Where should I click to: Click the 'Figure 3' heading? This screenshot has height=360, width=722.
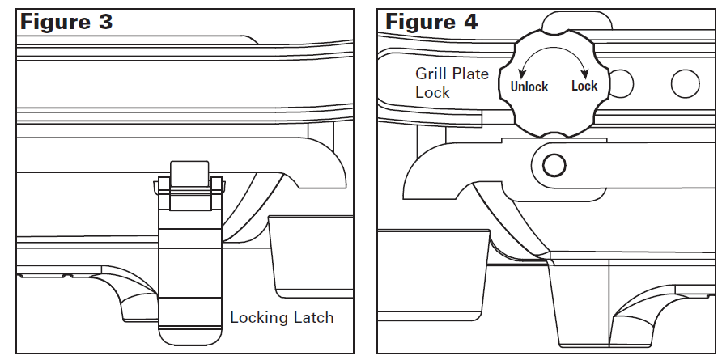66,22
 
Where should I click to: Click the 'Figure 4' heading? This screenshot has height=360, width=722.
431,22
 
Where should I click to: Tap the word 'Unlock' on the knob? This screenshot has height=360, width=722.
529,87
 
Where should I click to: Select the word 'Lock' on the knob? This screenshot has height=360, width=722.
584,86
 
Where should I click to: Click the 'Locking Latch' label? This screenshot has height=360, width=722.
282,317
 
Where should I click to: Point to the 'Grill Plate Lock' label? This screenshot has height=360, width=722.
451,83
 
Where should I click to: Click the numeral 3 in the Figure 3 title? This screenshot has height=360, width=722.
105,22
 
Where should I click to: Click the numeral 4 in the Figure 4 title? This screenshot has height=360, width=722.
469,22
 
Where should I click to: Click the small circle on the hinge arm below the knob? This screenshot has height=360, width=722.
554,165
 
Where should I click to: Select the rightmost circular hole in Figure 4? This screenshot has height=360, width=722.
685,82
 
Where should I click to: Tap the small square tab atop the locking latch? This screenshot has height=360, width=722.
190,173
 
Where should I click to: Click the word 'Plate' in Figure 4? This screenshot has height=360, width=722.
471,74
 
